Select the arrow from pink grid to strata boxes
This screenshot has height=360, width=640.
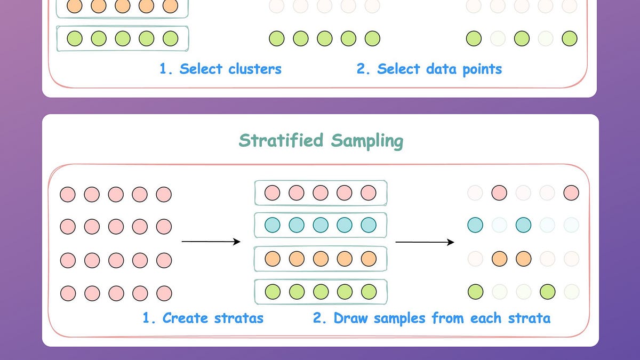click(211, 242)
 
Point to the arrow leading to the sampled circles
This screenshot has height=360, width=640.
click(425, 242)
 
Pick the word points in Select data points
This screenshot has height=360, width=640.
click(476, 69)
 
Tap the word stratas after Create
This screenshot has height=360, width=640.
click(238, 318)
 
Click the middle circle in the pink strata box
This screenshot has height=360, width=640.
click(321, 193)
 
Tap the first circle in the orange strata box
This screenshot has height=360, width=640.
click(273, 259)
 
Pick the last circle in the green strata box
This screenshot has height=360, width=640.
click(369, 292)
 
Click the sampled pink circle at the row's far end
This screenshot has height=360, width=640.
click(571, 193)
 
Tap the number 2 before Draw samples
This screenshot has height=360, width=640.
click(318, 318)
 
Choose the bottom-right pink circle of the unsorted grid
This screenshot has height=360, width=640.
click(164, 293)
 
